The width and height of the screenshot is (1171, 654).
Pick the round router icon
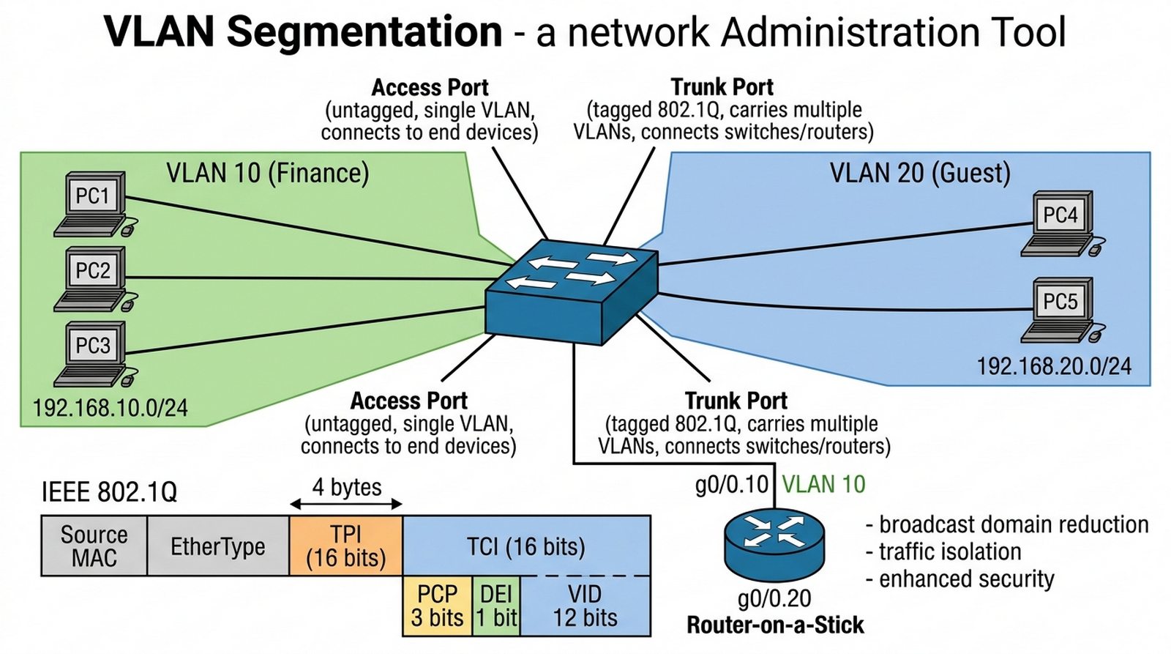coord(774,543)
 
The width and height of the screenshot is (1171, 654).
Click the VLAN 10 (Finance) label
coord(267,174)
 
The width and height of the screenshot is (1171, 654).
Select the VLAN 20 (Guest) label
coord(920,174)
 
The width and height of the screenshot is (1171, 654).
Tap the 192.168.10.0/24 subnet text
coord(111,408)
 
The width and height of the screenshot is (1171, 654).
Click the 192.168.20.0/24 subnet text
coord(1054,365)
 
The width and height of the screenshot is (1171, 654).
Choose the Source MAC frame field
coord(94,546)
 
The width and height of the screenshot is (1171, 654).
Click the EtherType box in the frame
coord(218,546)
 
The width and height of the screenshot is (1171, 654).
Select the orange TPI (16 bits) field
coord(346,546)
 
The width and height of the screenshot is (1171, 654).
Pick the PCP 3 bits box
coord(437,606)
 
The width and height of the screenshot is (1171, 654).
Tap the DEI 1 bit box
coord(496,606)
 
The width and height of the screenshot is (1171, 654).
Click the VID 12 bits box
coord(585,606)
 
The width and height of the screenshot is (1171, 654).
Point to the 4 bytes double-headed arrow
coord(346,504)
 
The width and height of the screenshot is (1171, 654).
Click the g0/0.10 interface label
coord(731,485)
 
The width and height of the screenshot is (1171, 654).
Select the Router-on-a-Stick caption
coord(775,625)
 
